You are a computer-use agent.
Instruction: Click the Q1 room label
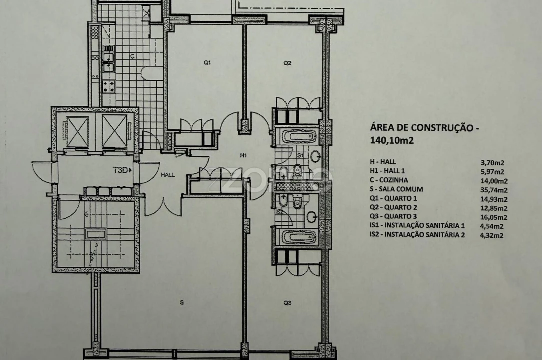pos(207,63)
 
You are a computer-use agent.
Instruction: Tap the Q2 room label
pos(287,63)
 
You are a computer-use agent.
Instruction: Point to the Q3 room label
pos(287,303)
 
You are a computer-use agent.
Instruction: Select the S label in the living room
pos(182,303)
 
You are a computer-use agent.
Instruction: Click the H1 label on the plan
pos(243,155)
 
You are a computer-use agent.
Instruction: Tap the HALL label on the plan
pos(168,175)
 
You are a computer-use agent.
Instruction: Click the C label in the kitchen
pos(132,56)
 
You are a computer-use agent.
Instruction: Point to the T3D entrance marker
pos(122,170)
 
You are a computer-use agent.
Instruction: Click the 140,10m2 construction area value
pos(392,140)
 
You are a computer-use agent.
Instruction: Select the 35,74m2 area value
pos(494,190)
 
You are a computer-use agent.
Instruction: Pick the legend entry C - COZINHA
pos(389,180)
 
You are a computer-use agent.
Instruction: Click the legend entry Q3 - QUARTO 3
pos(393,216)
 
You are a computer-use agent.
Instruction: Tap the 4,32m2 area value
pos(492,236)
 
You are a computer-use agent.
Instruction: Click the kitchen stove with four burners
pos(109,87)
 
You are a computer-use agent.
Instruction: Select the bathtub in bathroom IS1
pos(298,137)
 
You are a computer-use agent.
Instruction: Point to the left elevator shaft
pos(77,131)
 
